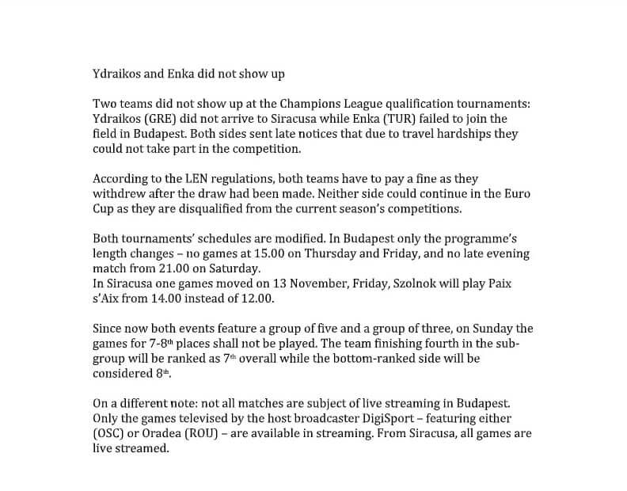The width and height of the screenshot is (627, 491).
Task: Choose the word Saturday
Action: tap(231, 269)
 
